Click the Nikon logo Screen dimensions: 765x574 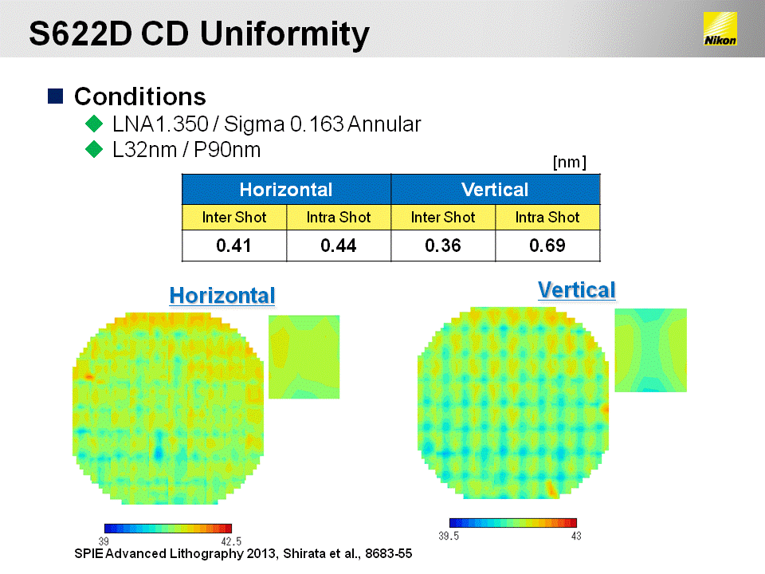tap(720, 29)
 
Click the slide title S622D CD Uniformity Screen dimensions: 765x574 tap(199, 34)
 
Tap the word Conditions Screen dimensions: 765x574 tap(140, 96)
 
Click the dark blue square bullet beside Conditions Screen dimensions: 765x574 tap(55, 96)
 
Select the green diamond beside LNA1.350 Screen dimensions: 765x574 tap(94, 124)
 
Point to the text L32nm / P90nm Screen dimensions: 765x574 tap(186, 150)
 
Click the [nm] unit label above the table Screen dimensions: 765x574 tap(569, 162)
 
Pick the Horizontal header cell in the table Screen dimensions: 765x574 tap(286, 190)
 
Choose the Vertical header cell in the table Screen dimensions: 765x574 tap(495, 190)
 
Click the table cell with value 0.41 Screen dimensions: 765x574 tap(234, 246)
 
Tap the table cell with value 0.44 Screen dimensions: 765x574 tap(339, 246)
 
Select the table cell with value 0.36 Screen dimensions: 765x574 tap(443, 246)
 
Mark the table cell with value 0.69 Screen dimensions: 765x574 tap(547, 246)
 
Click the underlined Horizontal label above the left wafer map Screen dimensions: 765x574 tap(222, 296)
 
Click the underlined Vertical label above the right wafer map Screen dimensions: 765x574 tap(577, 290)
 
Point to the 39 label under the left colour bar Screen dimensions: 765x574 tap(104, 541)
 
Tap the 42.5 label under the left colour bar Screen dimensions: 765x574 tap(231, 541)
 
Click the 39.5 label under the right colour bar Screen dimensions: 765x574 tap(449, 536)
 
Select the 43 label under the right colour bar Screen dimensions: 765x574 tap(576, 536)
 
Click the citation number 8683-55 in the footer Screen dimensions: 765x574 tap(388, 553)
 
